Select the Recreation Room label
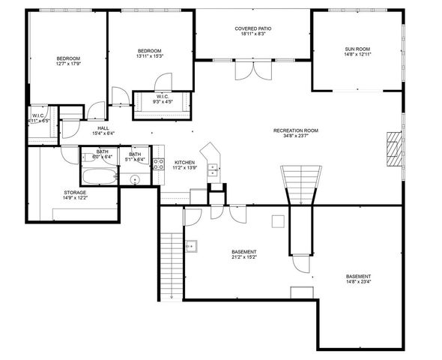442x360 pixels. tap(296, 130)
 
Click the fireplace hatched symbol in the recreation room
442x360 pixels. tap(393, 148)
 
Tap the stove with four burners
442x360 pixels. tap(159, 166)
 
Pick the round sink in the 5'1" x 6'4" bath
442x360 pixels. tap(136, 180)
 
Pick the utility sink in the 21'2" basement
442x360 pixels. tap(191, 244)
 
